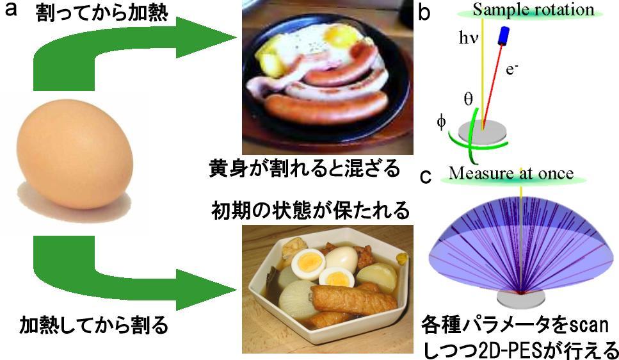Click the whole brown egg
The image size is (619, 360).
click(x=75, y=154)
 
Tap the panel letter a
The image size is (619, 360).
click(x=11, y=10)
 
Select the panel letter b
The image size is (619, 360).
click(x=424, y=12)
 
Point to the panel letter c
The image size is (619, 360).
click(x=425, y=176)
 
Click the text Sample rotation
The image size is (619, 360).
click(x=533, y=10)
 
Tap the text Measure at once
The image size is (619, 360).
click(x=511, y=173)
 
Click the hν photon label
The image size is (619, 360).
click(x=469, y=38)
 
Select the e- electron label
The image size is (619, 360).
click(x=511, y=69)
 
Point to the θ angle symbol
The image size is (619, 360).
click(x=468, y=99)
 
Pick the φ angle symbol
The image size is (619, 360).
click(x=441, y=122)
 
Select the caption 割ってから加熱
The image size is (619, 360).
click(x=102, y=13)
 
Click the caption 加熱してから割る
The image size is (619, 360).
click(x=94, y=325)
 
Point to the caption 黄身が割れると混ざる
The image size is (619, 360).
click(x=305, y=168)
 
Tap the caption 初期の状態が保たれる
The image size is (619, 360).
click(x=310, y=210)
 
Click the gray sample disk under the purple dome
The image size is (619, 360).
click(x=522, y=299)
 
